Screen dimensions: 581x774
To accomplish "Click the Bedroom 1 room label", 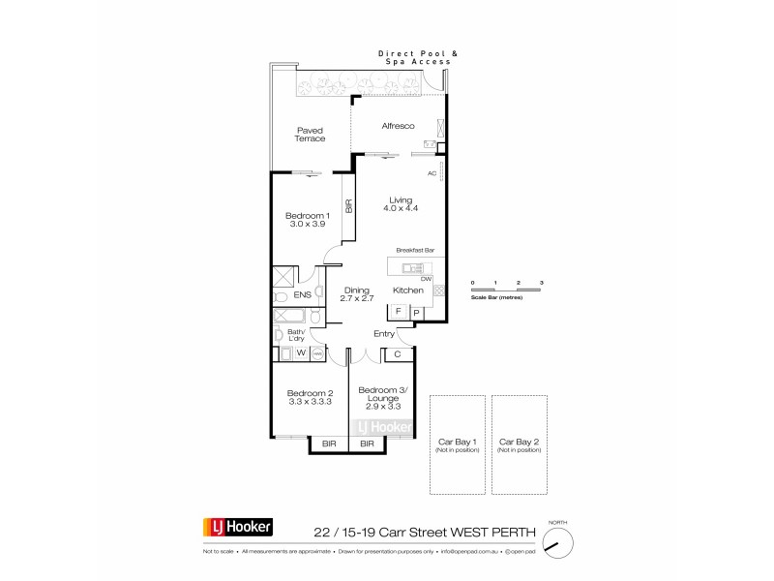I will pos(308,219).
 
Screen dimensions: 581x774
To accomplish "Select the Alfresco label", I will pos(398,127).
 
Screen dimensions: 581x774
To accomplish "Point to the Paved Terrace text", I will pos(311,134).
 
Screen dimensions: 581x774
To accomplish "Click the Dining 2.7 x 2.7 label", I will pos(357,294).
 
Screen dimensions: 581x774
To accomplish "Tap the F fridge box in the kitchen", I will pos(398,312).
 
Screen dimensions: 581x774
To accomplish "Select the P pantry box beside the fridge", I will pos(417,312).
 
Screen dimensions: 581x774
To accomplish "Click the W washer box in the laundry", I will pos(300,353).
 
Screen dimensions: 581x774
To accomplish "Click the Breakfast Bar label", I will pos(415,250).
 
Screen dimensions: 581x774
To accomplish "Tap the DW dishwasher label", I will pos(425,278).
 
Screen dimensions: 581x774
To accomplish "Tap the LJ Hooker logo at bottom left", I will pos(238,528).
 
